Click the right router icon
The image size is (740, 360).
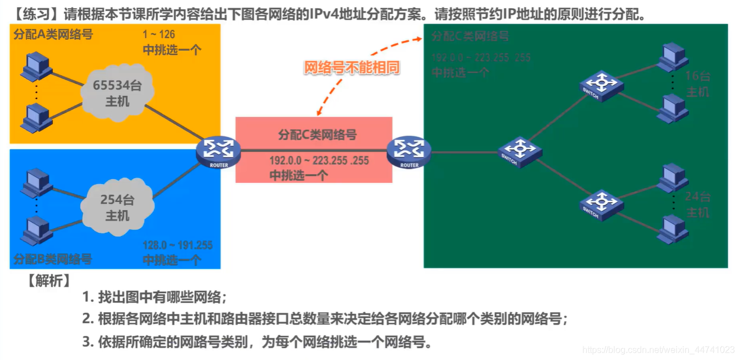[408, 150]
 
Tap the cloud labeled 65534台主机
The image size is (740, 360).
[117, 93]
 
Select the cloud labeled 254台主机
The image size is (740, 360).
[117, 207]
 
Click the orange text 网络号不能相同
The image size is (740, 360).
[352, 68]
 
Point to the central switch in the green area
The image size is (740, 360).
[520, 151]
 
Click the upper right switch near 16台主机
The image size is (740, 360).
[601, 85]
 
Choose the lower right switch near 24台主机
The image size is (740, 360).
[601, 203]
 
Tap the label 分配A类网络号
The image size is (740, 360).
[53, 35]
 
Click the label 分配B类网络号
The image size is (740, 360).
[53, 259]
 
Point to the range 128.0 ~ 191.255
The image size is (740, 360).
[178, 246]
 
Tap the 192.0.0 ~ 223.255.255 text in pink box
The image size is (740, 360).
[319, 161]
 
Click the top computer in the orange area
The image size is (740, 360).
[36, 66]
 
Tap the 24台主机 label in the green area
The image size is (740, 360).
[697, 205]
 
